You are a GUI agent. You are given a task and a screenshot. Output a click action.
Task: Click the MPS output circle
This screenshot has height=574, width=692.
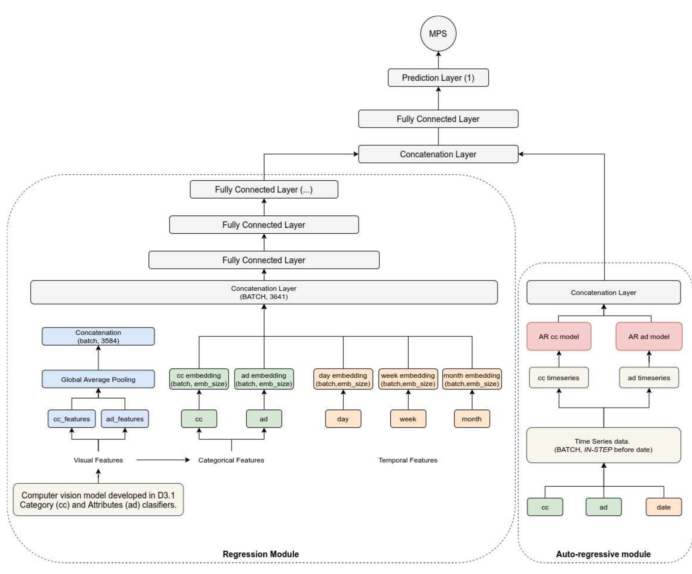click(438, 34)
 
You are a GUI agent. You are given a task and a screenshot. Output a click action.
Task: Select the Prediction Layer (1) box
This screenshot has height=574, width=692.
click(438, 78)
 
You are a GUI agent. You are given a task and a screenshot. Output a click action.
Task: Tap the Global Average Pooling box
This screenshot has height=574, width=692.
click(98, 379)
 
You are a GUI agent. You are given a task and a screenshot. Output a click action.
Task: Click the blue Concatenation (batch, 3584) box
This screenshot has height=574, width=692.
click(98, 336)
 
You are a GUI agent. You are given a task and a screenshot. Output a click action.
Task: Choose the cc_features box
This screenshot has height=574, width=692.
click(71, 419)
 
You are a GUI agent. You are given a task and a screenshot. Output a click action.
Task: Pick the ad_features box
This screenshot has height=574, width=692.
click(125, 419)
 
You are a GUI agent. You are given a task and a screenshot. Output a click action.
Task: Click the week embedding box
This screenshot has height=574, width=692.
click(408, 379)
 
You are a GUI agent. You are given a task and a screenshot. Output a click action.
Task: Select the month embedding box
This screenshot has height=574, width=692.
click(472, 379)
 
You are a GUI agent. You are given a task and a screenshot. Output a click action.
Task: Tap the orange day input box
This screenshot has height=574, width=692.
click(343, 419)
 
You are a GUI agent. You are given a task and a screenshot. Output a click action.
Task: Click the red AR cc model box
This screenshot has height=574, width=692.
click(558, 336)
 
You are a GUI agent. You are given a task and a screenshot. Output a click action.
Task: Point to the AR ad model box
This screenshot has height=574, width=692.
click(649, 336)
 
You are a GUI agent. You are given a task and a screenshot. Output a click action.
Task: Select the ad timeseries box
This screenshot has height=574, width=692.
click(649, 378)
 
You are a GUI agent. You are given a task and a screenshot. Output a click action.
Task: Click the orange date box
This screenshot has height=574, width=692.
click(663, 507)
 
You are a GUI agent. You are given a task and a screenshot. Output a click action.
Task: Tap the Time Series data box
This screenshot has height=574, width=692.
click(603, 445)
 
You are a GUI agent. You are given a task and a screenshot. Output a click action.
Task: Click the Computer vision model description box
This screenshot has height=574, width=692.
click(98, 500)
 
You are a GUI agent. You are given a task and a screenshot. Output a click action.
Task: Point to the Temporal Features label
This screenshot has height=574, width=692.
click(408, 460)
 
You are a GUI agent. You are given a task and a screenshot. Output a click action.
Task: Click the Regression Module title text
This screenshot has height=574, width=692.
click(261, 554)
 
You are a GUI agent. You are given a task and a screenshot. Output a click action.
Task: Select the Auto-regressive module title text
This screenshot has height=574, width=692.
click(603, 554)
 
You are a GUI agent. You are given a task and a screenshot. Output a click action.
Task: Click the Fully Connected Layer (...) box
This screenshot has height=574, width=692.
click(264, 189)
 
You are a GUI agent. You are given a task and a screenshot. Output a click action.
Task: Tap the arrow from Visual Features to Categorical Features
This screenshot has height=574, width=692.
click(163, 460)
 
